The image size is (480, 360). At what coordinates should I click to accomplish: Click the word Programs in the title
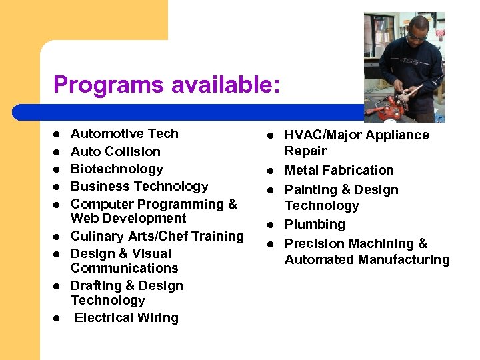108,85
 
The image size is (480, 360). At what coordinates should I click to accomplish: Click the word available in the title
224,85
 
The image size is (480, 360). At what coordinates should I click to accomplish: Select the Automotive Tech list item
125,133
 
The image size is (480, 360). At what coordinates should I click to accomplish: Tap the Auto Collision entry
115,151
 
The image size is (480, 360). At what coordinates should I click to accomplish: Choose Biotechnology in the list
117,169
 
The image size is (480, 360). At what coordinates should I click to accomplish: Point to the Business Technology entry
139,186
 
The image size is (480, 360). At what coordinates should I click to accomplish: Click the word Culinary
96,236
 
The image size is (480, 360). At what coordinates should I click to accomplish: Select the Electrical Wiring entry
127,317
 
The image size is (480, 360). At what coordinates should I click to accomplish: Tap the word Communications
125,268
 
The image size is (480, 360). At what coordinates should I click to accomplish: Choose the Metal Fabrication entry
339,170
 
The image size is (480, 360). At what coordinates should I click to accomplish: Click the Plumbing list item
315,225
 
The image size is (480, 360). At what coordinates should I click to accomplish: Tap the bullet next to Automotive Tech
57,134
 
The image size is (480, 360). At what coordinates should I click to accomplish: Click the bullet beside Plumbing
271,225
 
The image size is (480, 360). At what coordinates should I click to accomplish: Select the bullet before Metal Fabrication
271,171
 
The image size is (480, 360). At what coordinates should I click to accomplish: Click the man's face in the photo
417,31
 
